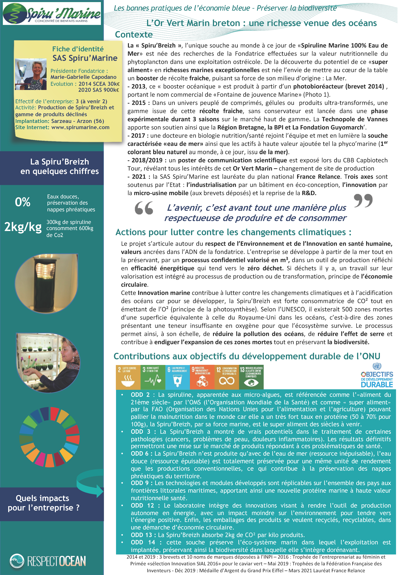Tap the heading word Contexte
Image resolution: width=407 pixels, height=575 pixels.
click(x=134, y=35)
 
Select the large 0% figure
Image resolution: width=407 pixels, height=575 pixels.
click(x=23, y=202)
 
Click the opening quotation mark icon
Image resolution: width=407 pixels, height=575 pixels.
click(x=144, y=208)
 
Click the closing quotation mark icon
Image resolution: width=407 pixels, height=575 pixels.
click(x=363, y=201)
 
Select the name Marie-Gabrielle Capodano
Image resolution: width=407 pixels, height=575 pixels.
click(x=83, y=77)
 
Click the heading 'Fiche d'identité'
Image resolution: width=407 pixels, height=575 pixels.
click(x=78, y=49)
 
